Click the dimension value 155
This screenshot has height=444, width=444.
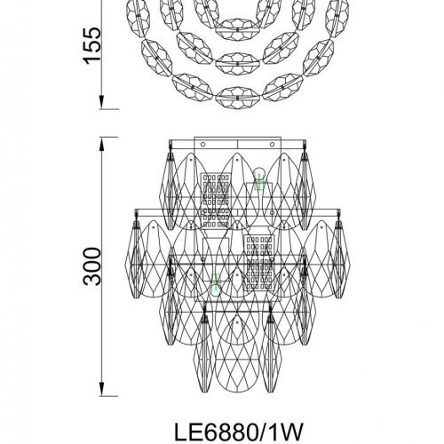(91, 45)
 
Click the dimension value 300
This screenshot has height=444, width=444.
(91, 266)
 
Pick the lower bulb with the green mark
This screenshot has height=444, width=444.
(216, 286)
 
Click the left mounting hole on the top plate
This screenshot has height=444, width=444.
(202, 145)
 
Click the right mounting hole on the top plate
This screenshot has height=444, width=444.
(272, 145)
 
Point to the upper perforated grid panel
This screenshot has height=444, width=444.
(216, 201)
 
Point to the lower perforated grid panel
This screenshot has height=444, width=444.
(259, 263)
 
